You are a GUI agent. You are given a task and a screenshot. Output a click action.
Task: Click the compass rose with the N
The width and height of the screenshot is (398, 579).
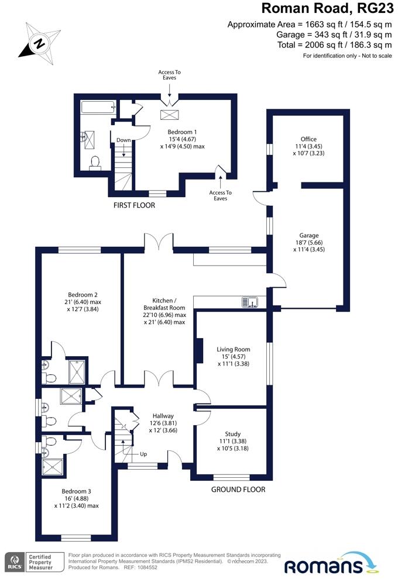(x=39, y=42)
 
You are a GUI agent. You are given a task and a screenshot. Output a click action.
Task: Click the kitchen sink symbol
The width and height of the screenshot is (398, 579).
(x=251, y=302)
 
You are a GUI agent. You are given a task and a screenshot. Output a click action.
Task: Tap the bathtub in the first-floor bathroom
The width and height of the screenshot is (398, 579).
(x=97, y=107)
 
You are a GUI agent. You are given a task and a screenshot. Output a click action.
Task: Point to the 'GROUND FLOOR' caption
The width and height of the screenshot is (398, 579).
(x=238, y=490)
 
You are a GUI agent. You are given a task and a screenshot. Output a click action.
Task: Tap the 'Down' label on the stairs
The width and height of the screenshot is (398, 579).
(x=123, y=140)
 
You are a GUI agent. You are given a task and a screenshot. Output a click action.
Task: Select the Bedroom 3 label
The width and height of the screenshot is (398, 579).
(x=77, y=498)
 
